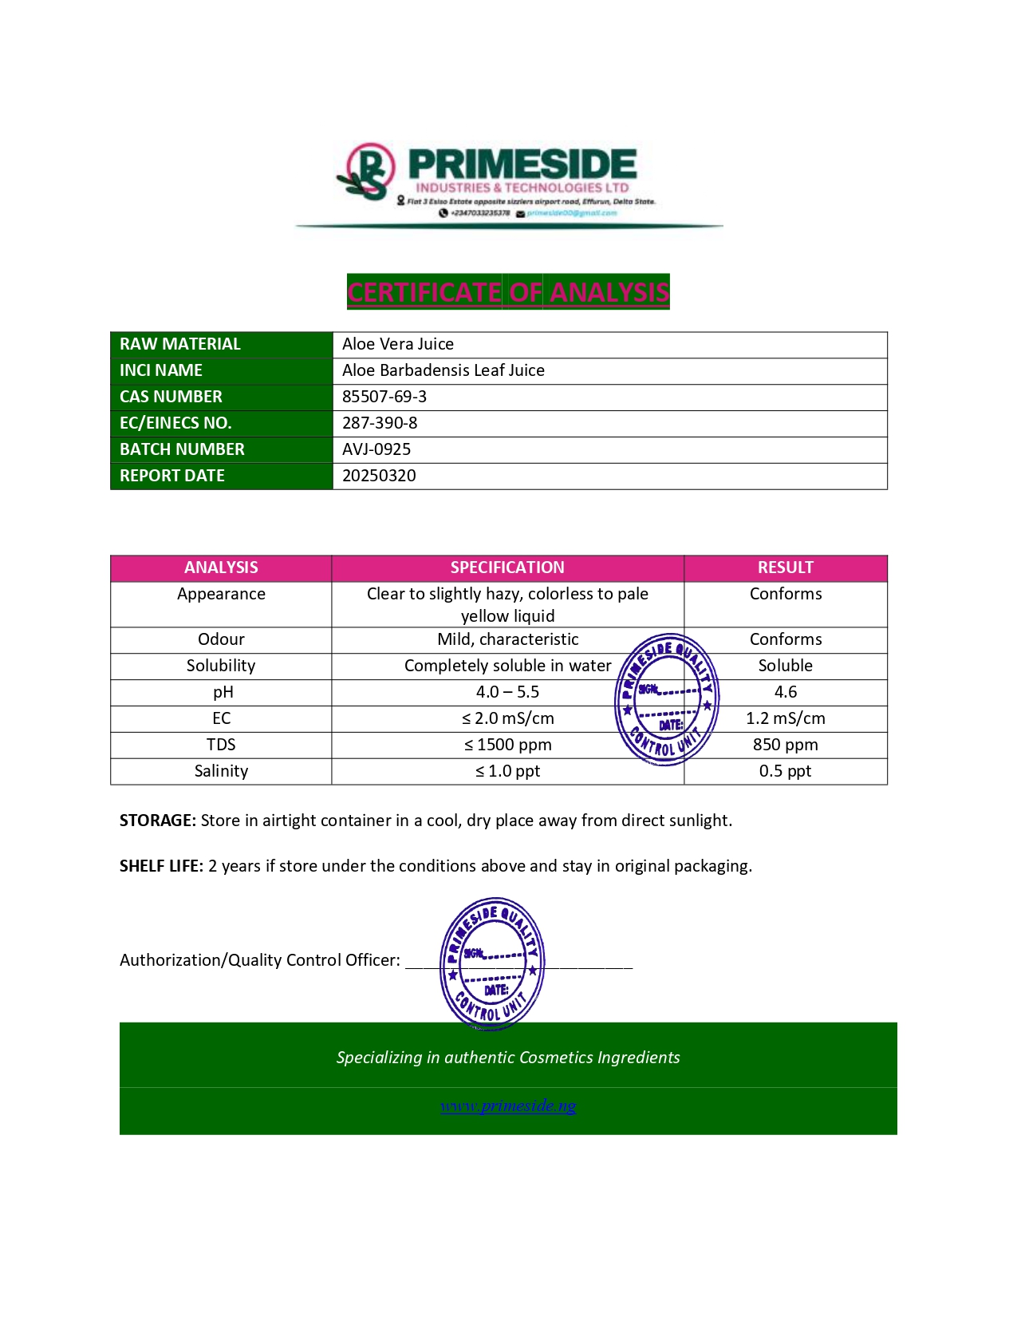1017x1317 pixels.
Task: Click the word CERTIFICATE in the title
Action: pyautogui.click(x=424, y=292)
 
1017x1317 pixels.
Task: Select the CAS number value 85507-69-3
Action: pyautogui.click(x=384, y=397)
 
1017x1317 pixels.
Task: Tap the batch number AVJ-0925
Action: pyautogui.click(x=376, y=449)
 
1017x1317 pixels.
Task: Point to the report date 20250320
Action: pyautogui.click(x=379, y=476)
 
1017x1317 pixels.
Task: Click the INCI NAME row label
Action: pyautogui.click(x=161, y=370)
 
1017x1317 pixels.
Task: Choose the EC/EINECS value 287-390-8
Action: pyautogui.click(x=380, y=423)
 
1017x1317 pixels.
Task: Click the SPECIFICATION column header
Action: pyautogui.click(x=507, y=568)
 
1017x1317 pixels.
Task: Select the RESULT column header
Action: pyautogui.click(x=785, y=568)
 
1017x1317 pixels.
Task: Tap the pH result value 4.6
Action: pyautogui.click(x=785, y=692)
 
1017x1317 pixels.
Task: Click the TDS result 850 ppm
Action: pyautogui.click(x=785, y=745)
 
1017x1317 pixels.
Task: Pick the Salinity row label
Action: pyautogui.click(x=221, y=771)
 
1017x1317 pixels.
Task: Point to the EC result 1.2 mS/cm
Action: pyautogui.click(x=785, y=718)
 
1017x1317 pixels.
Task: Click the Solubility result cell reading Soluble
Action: pyautogui.click(x=785, y=666)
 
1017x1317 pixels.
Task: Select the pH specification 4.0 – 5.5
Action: pyautogui.click(x=507, y=692)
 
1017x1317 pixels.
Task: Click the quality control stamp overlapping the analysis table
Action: pyautogui.click(x=667, y=700)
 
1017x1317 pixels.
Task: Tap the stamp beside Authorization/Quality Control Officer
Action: pyautogui.click(x=492, y=962)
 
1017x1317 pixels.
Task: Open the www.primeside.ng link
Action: pyautogui.click(x=508, y=1105)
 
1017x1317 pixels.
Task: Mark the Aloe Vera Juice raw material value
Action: pyautogui.click(x=398, y=344)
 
